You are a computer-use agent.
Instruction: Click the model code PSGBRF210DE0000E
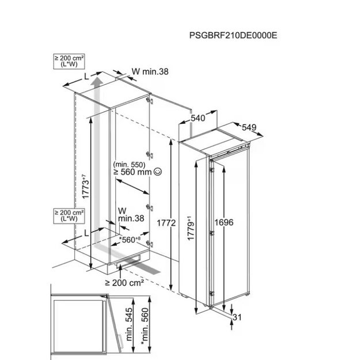click(233, 35)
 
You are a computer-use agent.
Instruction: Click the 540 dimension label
click(198, 118)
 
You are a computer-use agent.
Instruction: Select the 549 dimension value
click(249, 127)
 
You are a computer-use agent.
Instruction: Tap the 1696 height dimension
click(224, 222)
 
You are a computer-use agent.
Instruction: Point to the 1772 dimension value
click(166, 223)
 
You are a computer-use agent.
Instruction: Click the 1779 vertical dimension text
click(191, 228)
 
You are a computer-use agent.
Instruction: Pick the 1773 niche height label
click(85, 187)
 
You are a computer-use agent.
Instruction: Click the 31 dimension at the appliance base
click(237, 317)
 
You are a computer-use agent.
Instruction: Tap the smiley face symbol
click(158, 172)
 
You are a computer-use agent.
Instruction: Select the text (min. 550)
click(129, 164)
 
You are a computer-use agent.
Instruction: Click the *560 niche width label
click(130, 240)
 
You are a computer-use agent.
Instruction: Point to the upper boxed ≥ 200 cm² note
click(69, 61)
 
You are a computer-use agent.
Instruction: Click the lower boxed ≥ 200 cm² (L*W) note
click(69, 216)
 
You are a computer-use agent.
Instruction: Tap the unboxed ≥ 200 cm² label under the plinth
click(124, 283)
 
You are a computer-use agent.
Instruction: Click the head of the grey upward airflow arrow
click(97, 81)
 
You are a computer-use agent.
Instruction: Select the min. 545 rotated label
click(129, 324)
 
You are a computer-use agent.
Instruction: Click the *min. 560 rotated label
click(145, 326)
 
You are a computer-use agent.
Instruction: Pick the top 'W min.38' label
click(150, 71)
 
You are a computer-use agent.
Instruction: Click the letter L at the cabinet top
click(86, 77)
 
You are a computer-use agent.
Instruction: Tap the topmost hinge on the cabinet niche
click(150, 100)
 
